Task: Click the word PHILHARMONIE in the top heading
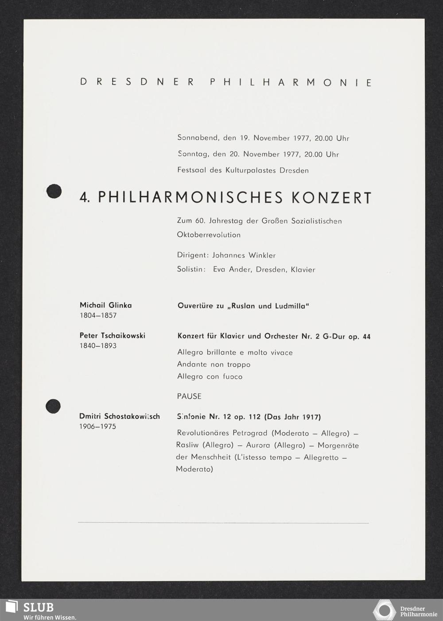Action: tap(291, 83)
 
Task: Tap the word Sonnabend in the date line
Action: tap(198, 138)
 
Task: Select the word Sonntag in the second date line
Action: tap(193, 154)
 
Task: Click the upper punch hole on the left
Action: tap(54, 191)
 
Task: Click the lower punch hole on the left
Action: tap(53, 406)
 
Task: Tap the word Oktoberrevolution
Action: tap(209, 235)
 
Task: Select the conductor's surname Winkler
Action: tap(262, 255)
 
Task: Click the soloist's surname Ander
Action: tap(240, 269)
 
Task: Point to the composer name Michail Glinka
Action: tap(105, 305)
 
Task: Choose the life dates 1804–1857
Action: tap(98, 316)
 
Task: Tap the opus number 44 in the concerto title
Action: tap(366, 337)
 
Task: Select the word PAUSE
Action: tap(189, 396)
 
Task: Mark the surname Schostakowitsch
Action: tap(132, 417)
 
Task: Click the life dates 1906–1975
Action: tap(97, 427)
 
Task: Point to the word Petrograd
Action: tap(250, 433)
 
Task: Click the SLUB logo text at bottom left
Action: tap(39, 607)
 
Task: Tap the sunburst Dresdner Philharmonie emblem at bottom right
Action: tap(384, 611)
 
